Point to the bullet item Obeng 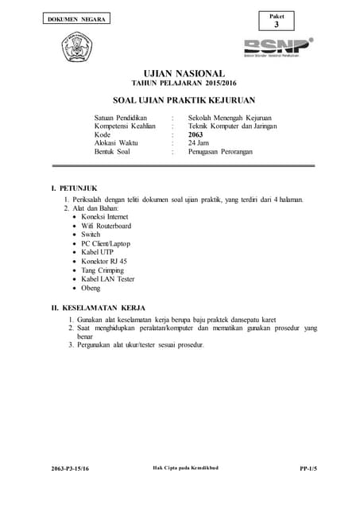pyautogui.click(x=91, y=288)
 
